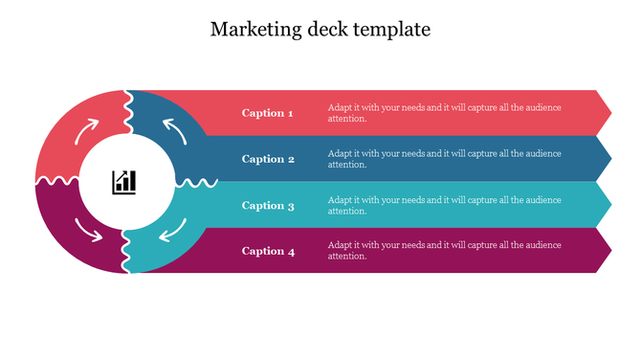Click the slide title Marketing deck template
coord(320,30)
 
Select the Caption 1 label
coord(268,113)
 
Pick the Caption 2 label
coord(268,159)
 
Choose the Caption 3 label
coord(268,205)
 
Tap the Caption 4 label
coord(268,251)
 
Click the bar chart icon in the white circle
coord(125,181)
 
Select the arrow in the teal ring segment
coord(172,230)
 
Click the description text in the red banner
coord(444,113)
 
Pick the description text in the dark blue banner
coord(444,159)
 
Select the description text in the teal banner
coord(444,205)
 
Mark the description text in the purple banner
coord(444,251)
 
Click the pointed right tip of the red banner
coord(607,113)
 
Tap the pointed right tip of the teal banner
coord(607,205)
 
